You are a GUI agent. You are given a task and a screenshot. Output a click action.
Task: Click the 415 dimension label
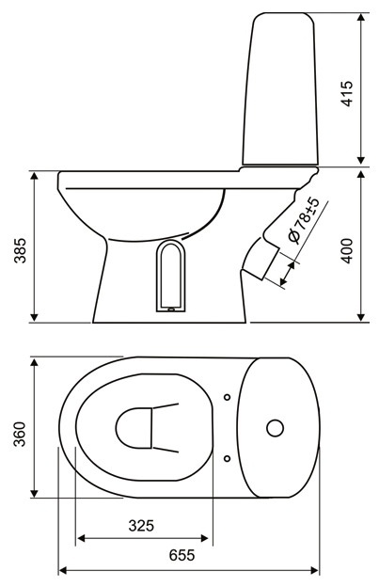tap(347, 93)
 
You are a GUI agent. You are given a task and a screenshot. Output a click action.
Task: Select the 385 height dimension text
tap(20, 250)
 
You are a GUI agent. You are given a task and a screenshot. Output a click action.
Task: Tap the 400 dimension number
tap(347, 250)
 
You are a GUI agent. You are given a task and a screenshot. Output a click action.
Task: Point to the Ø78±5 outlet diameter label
tap(304, 221)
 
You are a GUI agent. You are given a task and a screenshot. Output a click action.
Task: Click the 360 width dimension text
tap(20, 434)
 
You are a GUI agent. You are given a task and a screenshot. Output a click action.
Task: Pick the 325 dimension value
tap(141, 526)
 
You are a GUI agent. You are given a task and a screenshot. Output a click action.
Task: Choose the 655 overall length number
tap(182, 555)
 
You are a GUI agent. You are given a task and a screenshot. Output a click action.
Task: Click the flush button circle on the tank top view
tap(275, 428)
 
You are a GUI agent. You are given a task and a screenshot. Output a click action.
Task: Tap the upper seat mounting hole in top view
tap(227, 397)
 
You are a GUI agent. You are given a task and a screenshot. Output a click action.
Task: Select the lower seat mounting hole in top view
tap(227, 458)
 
